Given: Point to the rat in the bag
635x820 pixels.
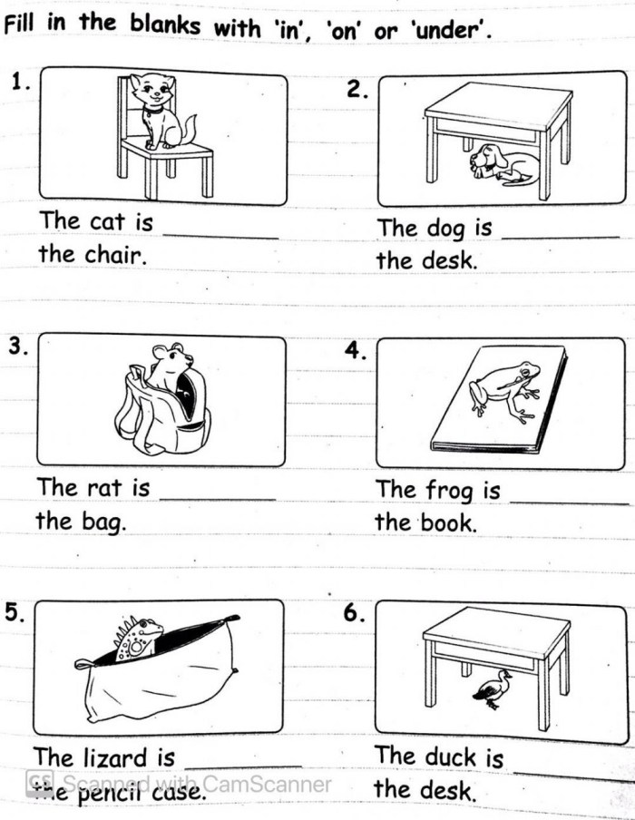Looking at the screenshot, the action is point(169,367).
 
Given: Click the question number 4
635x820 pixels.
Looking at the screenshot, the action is point(356,350).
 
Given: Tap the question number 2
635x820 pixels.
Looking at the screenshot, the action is point(357,91).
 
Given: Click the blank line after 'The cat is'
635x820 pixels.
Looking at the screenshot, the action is point(220,238).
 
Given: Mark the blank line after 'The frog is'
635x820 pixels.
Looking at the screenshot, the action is point(569,503).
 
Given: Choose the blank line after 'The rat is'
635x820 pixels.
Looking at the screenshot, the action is point(218,500).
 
